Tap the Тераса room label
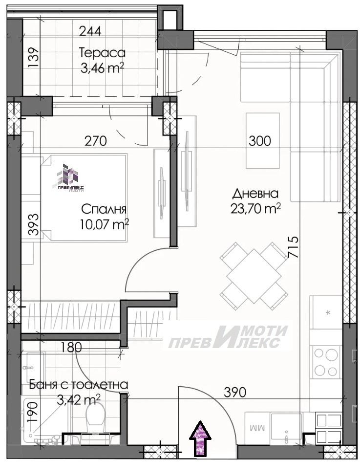pos(102,53)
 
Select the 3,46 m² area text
pos(102,68)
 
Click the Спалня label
pos(104,209)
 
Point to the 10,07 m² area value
pos(104,224)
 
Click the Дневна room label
pos(255,194)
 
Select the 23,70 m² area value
pos(255,209)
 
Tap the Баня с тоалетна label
pos(79,385)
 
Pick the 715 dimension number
pos(293,247)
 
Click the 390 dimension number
pos(235,392)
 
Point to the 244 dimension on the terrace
pos(90,31)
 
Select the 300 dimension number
pos(260,141)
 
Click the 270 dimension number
pos(95,141)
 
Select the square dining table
pos(254,276)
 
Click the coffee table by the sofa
pos(262,140)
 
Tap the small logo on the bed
pos(68,177)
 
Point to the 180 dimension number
pos(71,348)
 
